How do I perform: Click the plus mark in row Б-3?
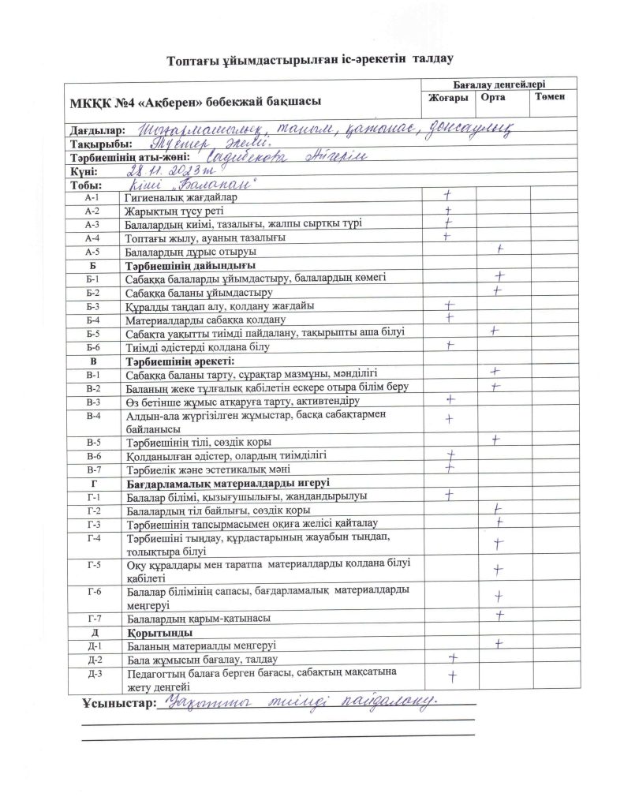(450, 305)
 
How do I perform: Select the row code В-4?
(93, 415)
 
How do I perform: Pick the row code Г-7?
(93, 616)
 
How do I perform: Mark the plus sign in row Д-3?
(453, 675)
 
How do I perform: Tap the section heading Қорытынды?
(154, 632)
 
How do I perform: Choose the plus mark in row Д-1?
(499, 644)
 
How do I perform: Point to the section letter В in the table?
(93, 361)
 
